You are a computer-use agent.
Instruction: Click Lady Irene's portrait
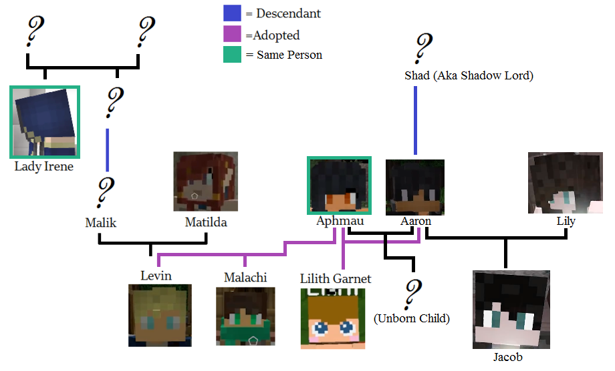[x=45, y=122]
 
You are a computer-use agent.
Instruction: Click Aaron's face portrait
[x=415, y=187]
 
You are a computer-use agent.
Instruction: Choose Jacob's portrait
[x=511, y=309]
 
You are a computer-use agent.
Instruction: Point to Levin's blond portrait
[x=160, y=315]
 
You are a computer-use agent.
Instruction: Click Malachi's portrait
[x=246, y=316]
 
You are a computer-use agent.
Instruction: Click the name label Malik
[x=101, y=223]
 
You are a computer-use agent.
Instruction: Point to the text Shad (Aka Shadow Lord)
[x=469, y=75]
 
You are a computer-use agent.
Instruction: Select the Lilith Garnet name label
[x=336, y=278]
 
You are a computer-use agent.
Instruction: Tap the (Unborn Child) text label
[x=411, y=319]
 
